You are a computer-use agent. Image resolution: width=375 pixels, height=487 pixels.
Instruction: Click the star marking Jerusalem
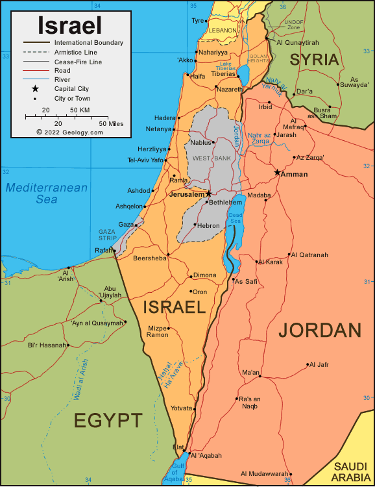tap(209, 194)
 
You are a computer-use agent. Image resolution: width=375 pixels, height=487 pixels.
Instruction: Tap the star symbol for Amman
tap(278, 172)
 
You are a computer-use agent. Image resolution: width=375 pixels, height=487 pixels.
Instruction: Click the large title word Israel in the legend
tap(69, 25)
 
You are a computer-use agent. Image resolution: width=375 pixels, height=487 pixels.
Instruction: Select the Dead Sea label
tap(236, 218)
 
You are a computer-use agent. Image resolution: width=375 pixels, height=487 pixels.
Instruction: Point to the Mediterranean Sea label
tap(46, 194)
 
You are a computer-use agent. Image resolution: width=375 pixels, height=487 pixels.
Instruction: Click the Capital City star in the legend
tap(35, 88)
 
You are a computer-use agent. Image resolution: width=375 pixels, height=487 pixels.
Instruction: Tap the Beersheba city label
tap(149, 258)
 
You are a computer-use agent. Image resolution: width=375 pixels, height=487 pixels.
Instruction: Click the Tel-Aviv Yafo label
tap(145, 160)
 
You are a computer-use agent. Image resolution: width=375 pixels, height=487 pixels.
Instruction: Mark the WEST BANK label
tap(208, 158)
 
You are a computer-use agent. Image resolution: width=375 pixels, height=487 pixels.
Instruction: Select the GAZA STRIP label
tap(107, 234)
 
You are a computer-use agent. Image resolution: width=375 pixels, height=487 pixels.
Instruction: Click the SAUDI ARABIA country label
tap(350, 472)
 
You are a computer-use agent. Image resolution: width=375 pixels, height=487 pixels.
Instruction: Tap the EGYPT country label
tap(108, 420)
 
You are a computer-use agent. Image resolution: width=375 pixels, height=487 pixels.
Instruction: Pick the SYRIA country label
tap(314, 60)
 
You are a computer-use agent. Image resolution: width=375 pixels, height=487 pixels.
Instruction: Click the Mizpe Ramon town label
tap(158, 331)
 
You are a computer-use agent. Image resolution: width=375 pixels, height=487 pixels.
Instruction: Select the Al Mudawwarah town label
tap(264, 473)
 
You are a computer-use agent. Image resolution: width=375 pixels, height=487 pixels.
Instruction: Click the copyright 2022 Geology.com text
tap(69, 132)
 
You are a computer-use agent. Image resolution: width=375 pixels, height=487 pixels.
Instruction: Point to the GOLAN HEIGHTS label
tap(259, 59)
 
